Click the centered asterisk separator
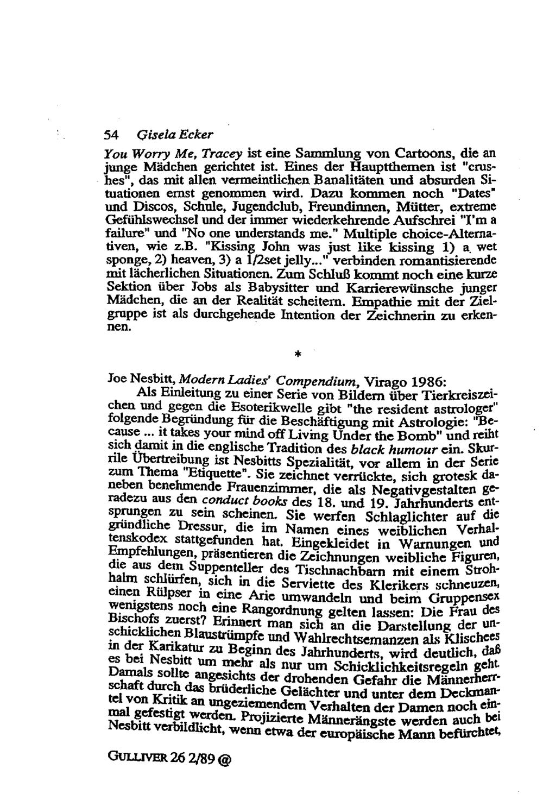298,354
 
